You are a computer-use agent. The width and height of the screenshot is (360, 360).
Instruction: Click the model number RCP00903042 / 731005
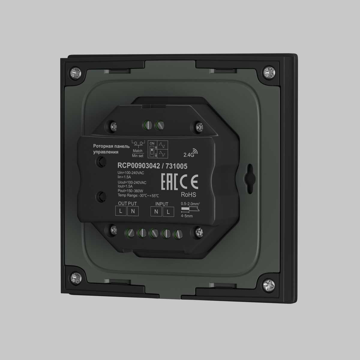pyautogui.click(x=152, y=166)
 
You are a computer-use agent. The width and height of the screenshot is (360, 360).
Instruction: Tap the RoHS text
pyautogui.click(x=188, y=195)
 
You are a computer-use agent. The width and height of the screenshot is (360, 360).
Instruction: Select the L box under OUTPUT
pyautogui.click(x=121, y=211)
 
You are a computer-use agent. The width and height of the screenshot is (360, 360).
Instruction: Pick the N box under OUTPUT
pyautogui.click(x=133, y=211)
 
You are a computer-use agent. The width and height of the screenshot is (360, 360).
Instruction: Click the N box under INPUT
pyautogui.click(x=156, y=211)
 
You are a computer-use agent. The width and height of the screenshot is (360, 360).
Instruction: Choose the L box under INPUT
pyautogui.click(x=168, y=211)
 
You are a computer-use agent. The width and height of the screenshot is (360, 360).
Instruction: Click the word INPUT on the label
pyautogui.click(x=162, y=204)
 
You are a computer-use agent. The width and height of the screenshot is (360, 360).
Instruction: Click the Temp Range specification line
pyautogui.click(x=138, y=195)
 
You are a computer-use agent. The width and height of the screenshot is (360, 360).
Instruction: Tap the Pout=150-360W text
pyautogui.click(x=130, y=191)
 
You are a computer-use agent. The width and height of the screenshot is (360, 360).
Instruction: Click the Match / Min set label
pyautogui.click(x=138, y=153)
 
